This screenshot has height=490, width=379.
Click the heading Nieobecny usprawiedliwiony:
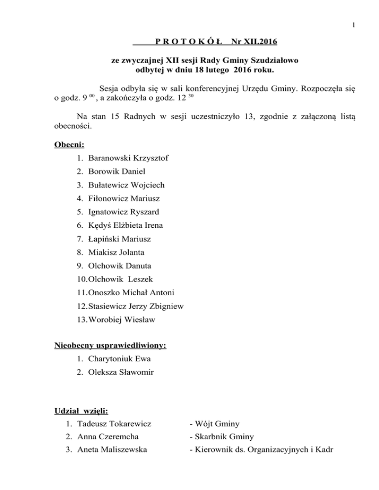pos(110,346)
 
